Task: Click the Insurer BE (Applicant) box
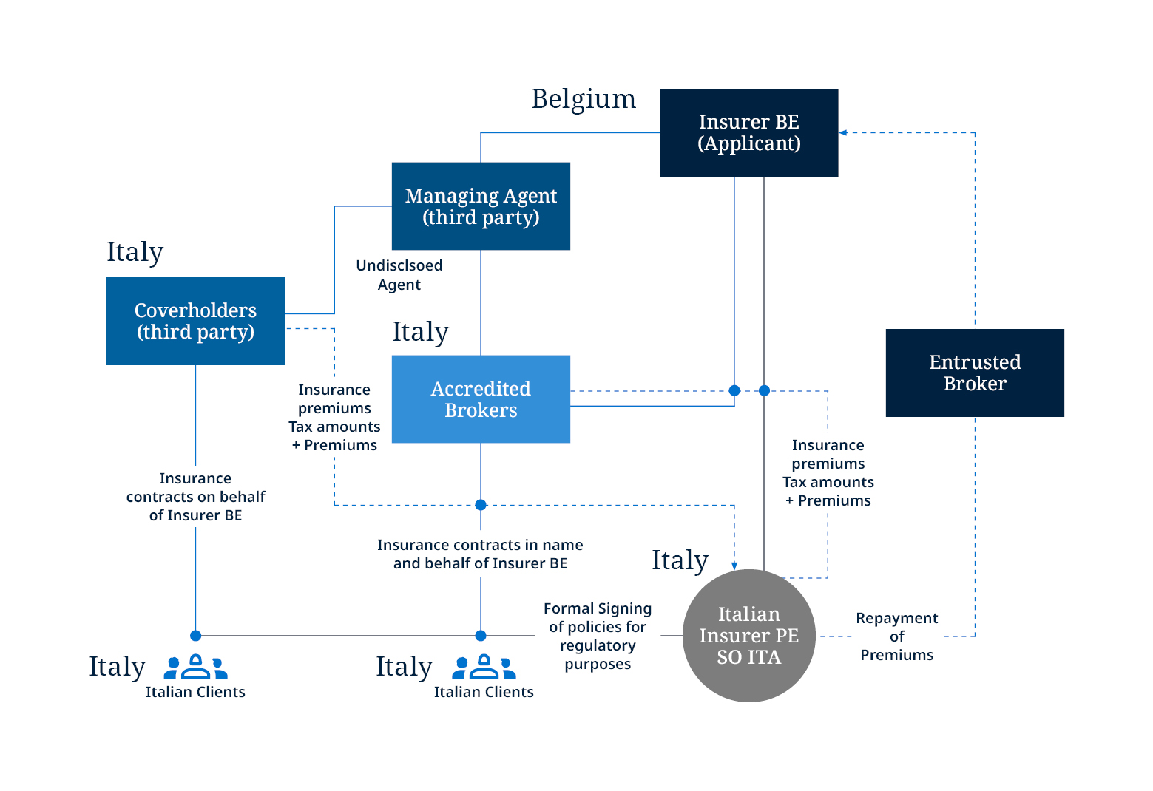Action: (x=748, y=132)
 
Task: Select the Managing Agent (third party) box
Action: (x=481, y=206)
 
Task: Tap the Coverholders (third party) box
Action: (x=195, y=321)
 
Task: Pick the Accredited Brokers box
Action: (x=481, y=399)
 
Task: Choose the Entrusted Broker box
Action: (x=975, y=373)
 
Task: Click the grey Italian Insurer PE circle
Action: (x=748, y=636)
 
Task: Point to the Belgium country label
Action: (x=584, y=99)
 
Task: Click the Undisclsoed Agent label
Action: (x=399, y=275)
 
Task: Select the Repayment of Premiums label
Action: (x=896, y=636)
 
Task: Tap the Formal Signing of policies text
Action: (x=598, y=636)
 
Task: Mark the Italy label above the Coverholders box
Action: (x=135, y=252)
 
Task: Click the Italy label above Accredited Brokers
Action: (x=420, y=332)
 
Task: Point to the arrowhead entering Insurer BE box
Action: (x=843, y=133)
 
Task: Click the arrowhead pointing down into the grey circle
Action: (x=734, y=566)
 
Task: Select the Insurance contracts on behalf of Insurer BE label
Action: (x=195, y=497)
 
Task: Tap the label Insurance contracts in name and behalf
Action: (x=480, y=554)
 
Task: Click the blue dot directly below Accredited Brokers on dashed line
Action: (x=481, y=505)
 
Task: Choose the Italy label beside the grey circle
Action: (x=680, y=560)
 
